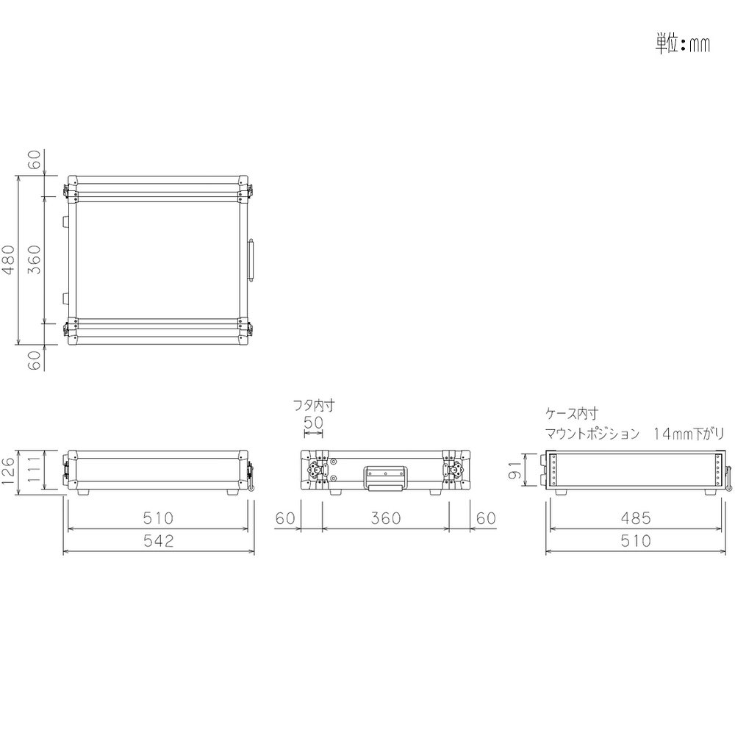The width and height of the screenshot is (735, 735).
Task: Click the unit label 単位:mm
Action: [x=682, y=43]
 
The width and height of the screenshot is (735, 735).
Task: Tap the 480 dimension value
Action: [x=10, y=259]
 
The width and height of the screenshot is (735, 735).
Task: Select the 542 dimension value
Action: [x=159, y=541]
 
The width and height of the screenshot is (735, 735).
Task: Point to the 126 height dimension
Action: [x=9, y=473]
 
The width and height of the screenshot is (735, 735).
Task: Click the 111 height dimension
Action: [x=35, y=471]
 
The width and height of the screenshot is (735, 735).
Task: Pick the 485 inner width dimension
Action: [x=636, y=518]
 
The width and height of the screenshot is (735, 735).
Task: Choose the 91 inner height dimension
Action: [x=514, y=470]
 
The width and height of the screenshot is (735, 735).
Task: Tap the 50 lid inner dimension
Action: [x=313, y=423]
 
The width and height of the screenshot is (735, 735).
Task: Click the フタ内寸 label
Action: [x=314, y=405]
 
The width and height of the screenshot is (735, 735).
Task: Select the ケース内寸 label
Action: [x=571, y=413]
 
